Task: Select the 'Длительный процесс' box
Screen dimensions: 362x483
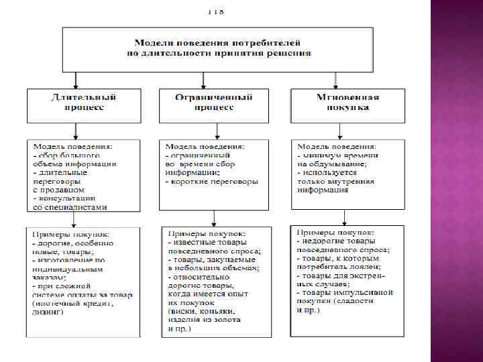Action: pos(83,105)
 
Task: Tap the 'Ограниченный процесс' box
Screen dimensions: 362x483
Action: pos(215,105)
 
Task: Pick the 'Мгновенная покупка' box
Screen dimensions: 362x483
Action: pos(347,105)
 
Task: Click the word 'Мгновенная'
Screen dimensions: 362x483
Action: pos(347,98)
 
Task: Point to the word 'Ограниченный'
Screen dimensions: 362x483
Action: pos(215,98)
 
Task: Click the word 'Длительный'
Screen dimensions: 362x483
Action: pos(83,98)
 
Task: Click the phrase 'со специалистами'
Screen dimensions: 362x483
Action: pos(70,207)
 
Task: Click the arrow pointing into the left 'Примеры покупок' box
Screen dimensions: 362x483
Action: pos(83,224)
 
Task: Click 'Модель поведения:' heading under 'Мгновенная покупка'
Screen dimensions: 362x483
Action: pos(337,145)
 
